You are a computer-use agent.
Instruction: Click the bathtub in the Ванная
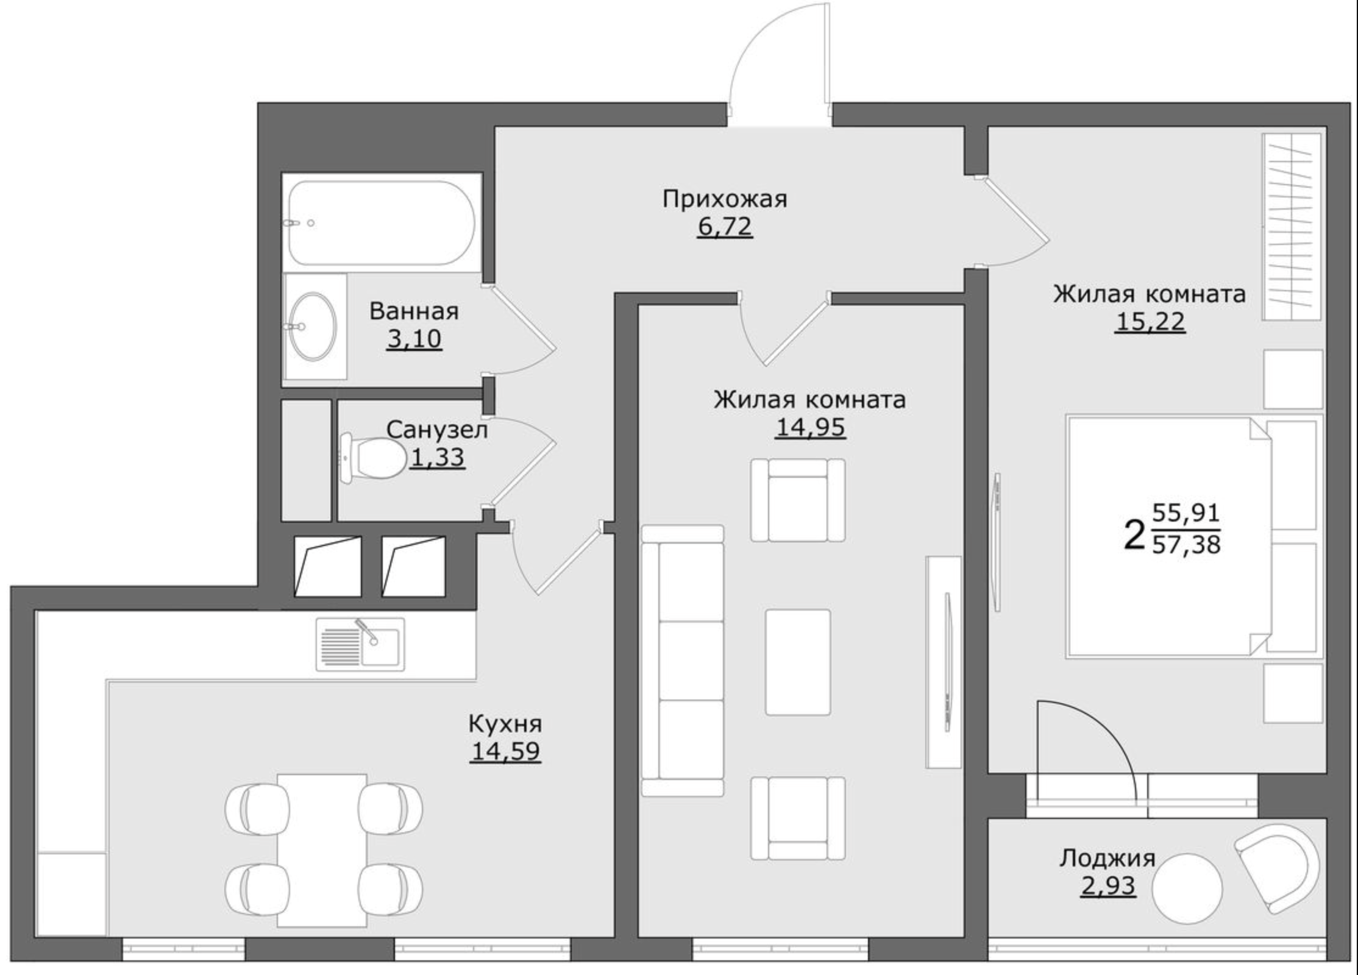[382, 222]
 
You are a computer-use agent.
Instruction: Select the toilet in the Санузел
[372, 458]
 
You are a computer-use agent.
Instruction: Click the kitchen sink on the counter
[360, 644]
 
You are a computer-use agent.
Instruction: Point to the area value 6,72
[725, 227]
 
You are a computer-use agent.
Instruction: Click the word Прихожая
[725, 199]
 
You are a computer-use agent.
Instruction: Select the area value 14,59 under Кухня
[505, 751]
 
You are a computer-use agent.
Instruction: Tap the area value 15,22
[1150, 321]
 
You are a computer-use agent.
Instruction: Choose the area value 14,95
[810, 427]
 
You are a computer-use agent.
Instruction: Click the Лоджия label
[1107, 859]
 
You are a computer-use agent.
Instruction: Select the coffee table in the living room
[798, 662]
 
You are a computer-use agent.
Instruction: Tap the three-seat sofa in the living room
[683, 661]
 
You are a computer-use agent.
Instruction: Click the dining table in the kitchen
[322, 851]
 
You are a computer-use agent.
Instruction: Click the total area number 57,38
[1186, 544]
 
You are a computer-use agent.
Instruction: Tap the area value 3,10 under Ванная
[414, 339]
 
